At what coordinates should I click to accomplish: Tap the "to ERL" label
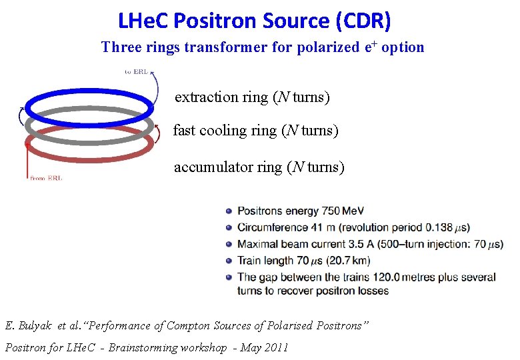click(137, 71)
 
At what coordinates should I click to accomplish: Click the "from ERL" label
click(47, 178)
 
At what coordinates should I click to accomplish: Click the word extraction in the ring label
click(207, 97)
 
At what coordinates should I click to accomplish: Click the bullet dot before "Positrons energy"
click(229, 211)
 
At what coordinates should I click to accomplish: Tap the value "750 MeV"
click(343, 211)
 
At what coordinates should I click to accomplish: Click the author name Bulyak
click(33, 326)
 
